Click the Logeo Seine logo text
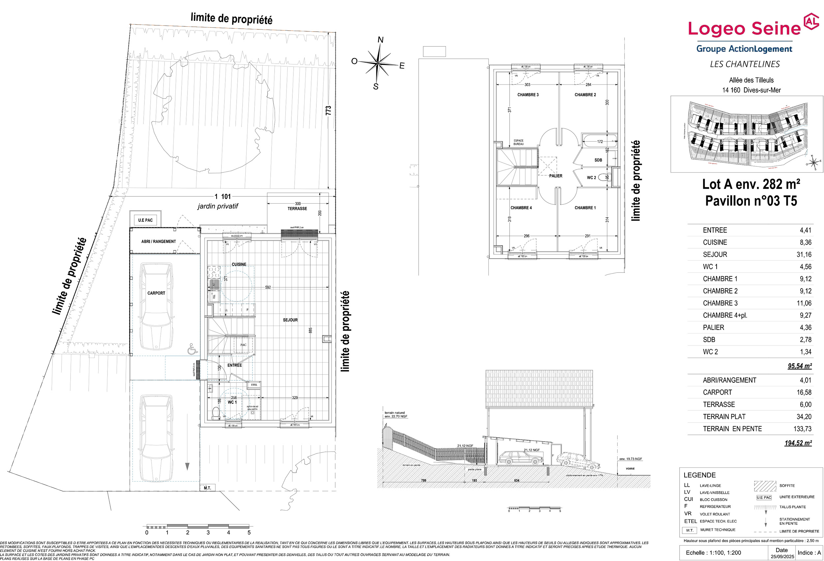(744, 28)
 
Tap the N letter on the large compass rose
(380, 40)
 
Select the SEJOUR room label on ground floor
(290, 320)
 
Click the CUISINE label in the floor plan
(239, 264)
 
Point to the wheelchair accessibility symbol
(192, 349)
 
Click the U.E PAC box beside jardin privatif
(145, 220)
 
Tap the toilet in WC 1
(215, 413)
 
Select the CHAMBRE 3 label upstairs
(528, 95)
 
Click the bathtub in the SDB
(599, 141)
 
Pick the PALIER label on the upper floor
(556, 176)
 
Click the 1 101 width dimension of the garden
(223, 196)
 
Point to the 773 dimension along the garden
(328, 110)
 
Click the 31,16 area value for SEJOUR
(804, 254)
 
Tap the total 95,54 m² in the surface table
(800, 366)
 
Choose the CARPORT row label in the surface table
(717, 392)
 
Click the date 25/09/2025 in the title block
(782, 556)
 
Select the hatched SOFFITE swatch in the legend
(765, 486)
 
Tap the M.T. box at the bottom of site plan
(207, 488)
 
